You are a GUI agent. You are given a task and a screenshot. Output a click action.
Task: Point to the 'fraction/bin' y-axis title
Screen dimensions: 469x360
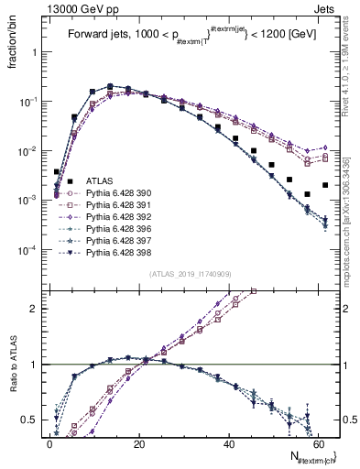(x=16, y=46)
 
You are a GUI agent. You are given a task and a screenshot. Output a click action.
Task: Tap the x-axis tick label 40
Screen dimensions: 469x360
(x=230, y=442)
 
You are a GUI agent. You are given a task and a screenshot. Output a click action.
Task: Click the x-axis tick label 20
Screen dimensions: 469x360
(x=139, y=442)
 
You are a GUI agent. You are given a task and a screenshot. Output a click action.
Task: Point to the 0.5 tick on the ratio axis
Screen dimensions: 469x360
(x=29, y=420)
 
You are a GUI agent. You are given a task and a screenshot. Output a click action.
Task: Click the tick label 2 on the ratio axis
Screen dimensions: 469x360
(x=34, y=309)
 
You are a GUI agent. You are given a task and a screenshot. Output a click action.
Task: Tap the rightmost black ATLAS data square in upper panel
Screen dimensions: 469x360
(x=325, y=185)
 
